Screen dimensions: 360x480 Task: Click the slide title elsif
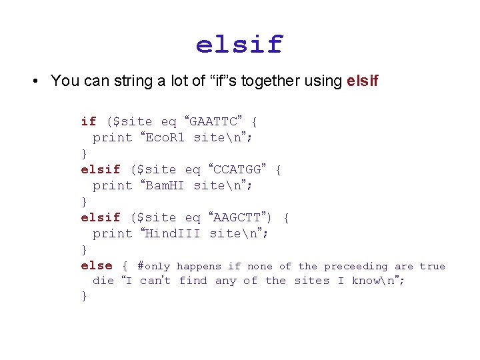(239, 45)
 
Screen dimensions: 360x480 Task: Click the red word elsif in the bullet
(363, 81)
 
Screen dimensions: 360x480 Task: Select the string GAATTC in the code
(214, 121)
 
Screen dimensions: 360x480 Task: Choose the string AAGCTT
(238, 217)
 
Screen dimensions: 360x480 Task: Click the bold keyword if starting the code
(89, 121)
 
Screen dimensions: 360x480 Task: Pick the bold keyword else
(97, 266)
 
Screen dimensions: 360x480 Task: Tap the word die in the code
(103, 281)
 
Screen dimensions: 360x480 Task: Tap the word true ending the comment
(432, 266)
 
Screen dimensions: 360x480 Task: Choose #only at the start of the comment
(153, 266)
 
